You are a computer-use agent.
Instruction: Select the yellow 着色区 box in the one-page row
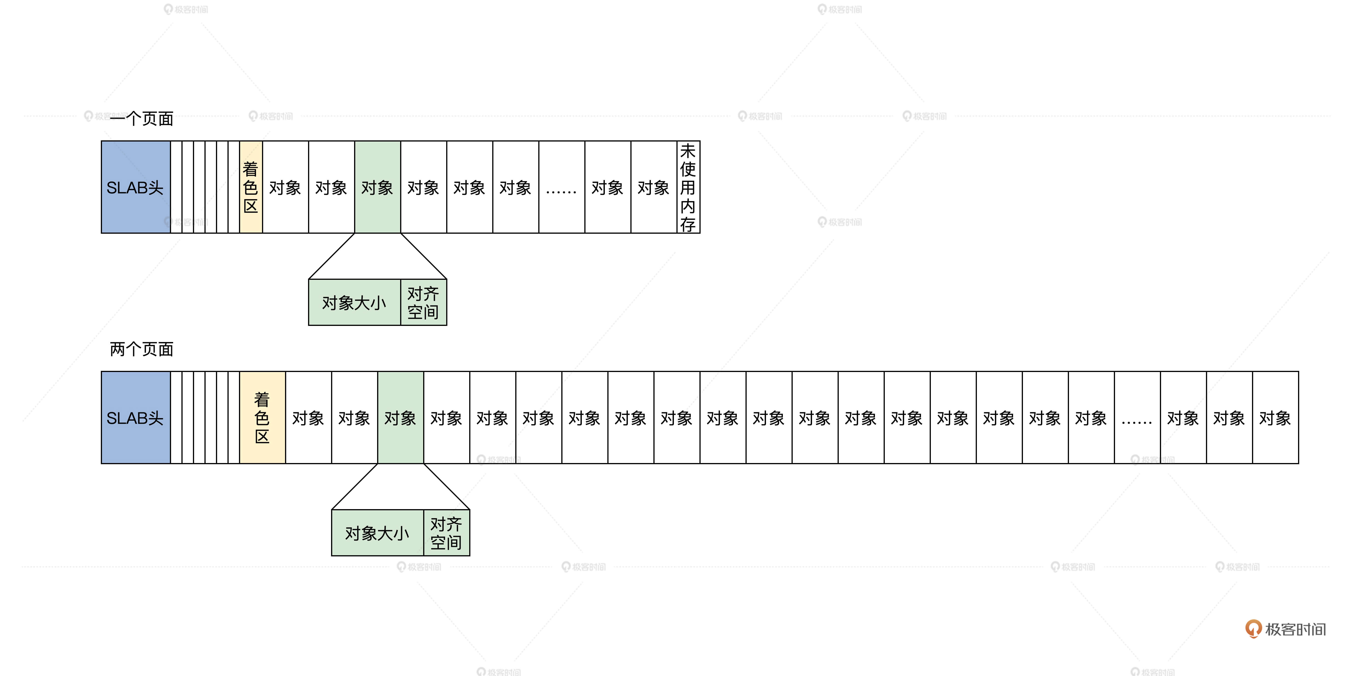[x=251, y=187]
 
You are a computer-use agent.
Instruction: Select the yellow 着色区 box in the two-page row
[x=262, y=418]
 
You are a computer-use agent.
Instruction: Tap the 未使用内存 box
[x=688, y=187]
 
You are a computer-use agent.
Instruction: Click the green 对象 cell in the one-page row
[x=377, y=187]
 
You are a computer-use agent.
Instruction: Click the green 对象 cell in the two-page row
[x=401, y=418]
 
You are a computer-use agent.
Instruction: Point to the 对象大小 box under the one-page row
[x=354, y=302]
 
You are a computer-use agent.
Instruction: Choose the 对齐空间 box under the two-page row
[x=446, y=533]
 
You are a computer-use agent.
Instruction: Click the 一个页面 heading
[x=142, y=118]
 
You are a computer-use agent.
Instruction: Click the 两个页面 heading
[x=142, y=349]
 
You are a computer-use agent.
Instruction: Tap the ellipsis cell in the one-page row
[x=561, y=187]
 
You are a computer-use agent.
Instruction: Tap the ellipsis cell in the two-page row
[x=1137, y=418]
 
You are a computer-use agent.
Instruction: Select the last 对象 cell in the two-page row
[x=1275, y=418]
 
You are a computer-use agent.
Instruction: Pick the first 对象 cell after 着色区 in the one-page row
[x=285, y=187]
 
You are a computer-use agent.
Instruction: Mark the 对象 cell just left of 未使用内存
[x=653, y=187]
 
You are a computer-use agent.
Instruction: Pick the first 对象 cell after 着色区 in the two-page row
[x=309, y=418]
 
